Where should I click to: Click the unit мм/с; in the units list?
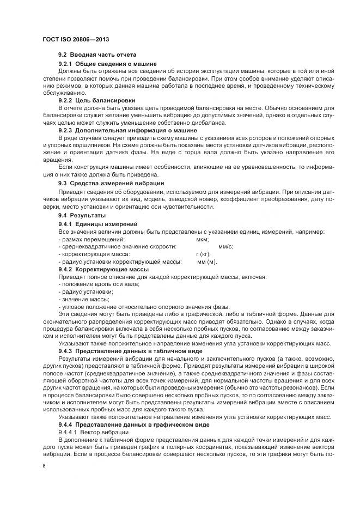click(225, 247)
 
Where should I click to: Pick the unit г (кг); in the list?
click(203, 254)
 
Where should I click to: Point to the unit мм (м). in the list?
click(207, 262)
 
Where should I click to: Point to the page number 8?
click(44, 466)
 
